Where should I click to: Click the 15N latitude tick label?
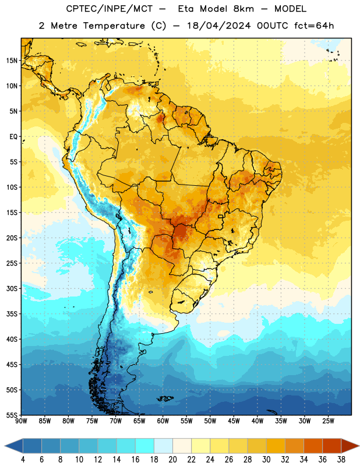(x=12, y=61)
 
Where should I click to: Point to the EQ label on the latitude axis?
(x=13, y=137)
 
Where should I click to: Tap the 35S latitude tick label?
(x=12, y=314)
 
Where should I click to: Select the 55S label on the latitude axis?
(x=12, y=415)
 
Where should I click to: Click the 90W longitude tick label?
(x=21, y=421)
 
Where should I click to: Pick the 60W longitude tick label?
(x=163, y=421)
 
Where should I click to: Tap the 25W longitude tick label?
(x=328, y=421)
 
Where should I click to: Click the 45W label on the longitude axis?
(x=234, y=421)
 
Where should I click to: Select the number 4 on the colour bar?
(x=23, y=460)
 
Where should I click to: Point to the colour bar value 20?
(x=172, y=460)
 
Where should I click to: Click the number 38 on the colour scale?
(x=341, y=460)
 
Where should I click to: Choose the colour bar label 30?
(x=266, y=460)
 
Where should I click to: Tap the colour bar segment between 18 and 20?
(x=164, y=446)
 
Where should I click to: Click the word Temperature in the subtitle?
(x=114, y=26)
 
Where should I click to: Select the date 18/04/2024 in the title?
(x=219, y=26)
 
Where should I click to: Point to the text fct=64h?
(x=314, y=26)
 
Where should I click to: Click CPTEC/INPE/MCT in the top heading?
(x=109, y=9)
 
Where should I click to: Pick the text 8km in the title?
(x=243, y=9)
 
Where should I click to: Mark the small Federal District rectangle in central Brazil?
(x=221, y=217)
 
